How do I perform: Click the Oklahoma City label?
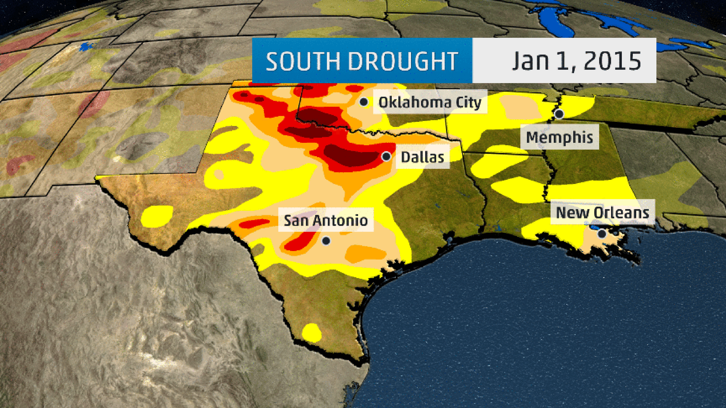430,102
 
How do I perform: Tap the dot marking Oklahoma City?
364,102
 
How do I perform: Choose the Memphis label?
559,137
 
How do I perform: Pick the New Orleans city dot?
602,234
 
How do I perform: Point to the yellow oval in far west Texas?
157,216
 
